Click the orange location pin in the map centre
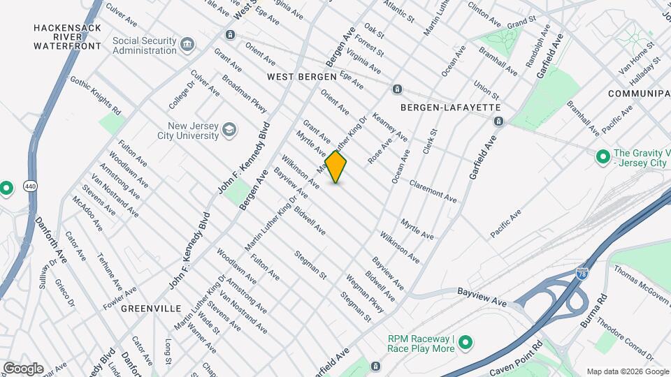coord(336,167)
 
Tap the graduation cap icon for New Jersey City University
coord(229,130)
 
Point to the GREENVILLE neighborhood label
coord(151,308)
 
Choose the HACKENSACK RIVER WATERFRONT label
coord(67,37)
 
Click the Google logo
coord(23,368)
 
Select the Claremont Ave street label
coord(433,191)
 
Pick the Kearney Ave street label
coord(391,126)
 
